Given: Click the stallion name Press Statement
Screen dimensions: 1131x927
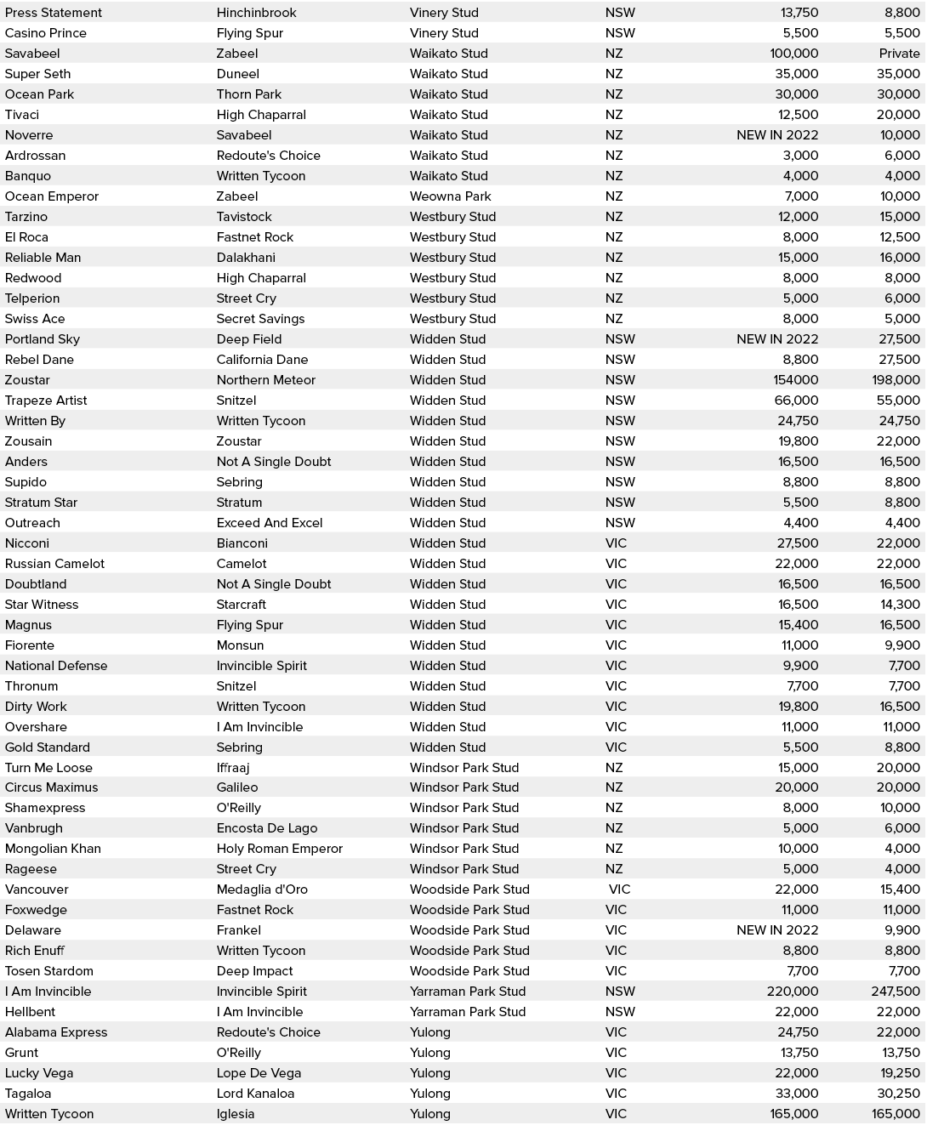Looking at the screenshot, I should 53,13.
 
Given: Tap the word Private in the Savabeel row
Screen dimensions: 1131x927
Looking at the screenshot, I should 899,54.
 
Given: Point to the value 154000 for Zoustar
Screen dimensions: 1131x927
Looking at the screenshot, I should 795,380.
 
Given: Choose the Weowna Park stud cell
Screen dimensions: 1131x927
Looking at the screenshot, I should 450,196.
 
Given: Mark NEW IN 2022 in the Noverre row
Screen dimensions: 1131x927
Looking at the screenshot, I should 776,135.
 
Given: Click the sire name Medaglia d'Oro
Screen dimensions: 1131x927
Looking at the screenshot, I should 262,889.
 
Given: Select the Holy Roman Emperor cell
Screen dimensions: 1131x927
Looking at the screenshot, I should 279,849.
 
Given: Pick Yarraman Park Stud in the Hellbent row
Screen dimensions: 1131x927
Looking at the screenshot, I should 467,1012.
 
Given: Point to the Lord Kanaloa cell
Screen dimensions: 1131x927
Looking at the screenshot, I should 255,1094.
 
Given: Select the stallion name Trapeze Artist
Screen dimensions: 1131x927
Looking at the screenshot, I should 46,401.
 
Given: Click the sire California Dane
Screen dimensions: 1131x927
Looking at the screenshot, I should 262,360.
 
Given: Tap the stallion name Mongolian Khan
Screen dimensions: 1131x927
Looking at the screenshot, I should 53,849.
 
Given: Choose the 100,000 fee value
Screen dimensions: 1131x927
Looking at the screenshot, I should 793,54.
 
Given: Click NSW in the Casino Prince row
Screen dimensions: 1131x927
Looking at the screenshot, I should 620,33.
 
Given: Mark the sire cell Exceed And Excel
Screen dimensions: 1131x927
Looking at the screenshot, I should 269,523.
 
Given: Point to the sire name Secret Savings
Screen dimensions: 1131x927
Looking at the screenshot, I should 260,319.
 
